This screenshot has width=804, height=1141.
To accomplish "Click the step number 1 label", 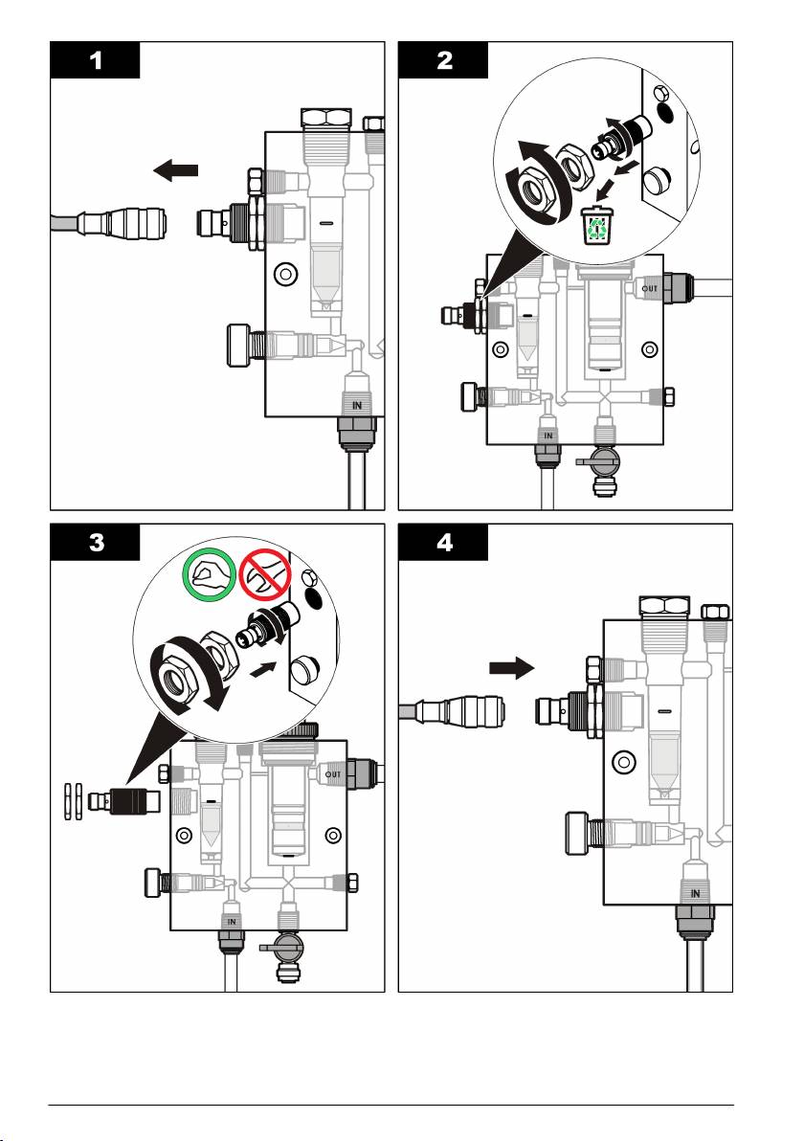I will point(95,59).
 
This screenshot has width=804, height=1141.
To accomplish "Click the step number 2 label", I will point(443,59).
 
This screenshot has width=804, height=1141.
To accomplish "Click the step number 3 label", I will point(95,543).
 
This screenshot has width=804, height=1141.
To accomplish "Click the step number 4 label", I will point(443,543).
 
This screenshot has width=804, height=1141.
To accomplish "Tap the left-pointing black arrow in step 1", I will point(175,171).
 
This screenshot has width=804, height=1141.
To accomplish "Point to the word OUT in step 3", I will point(334,773).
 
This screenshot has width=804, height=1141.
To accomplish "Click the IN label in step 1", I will point(356,405).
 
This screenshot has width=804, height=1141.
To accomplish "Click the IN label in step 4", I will point(696,893).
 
